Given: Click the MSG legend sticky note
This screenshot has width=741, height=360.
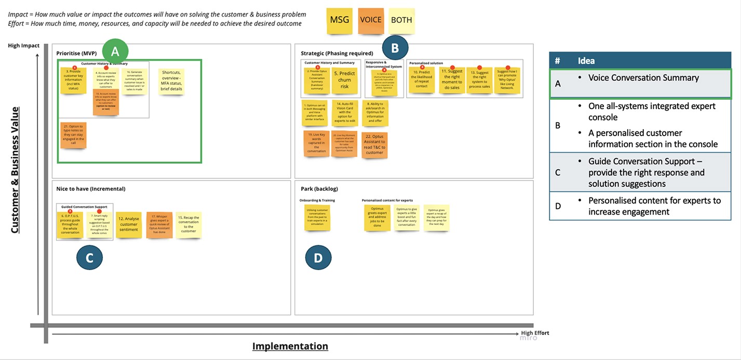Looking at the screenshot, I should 340,21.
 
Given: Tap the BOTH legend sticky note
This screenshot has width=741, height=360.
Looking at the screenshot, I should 401,21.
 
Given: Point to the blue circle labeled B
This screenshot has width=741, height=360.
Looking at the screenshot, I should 395,48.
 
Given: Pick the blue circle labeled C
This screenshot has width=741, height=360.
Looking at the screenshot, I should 89,258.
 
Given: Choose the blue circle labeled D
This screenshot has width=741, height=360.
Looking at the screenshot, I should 318,258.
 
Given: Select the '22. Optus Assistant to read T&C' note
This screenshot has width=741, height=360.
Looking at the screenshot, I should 374,145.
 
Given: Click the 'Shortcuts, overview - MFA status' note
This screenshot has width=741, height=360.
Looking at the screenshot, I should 171,81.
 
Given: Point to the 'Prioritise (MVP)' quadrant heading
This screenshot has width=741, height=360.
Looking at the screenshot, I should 76,53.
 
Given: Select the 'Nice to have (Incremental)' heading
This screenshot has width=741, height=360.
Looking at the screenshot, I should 91,189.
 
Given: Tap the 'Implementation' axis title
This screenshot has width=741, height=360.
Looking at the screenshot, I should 290,346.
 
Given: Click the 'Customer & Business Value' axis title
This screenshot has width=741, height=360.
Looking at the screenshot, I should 15,170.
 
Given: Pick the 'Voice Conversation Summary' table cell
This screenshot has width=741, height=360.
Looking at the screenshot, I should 643,78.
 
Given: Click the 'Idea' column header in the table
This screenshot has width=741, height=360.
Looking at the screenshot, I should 586,61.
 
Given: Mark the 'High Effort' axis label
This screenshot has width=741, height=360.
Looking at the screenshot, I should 535,333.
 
